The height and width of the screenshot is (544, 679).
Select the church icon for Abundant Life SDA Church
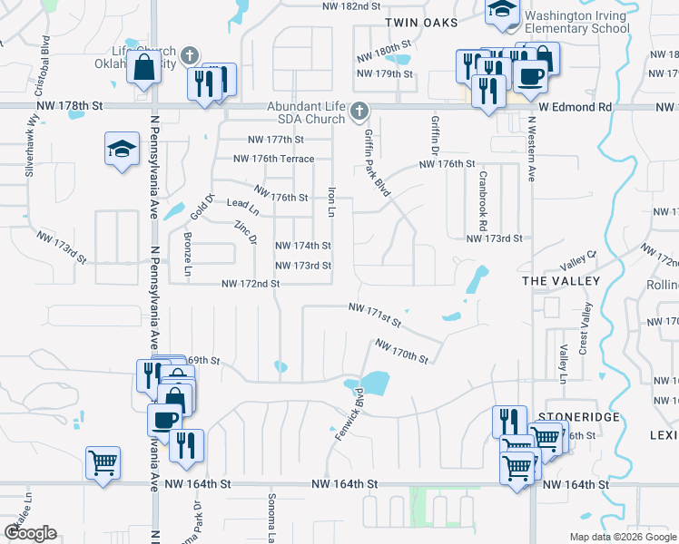[359, 112]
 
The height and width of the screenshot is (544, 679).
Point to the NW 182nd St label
[350, 5]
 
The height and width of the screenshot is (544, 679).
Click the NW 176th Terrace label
[273, 159]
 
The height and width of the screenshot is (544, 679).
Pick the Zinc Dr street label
[246, 232]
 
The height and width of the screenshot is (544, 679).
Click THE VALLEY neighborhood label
[561, 281]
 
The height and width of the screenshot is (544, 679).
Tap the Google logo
[31, 533]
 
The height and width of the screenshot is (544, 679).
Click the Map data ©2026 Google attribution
[624, 537]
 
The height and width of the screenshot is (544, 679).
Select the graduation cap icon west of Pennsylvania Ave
[122, 150]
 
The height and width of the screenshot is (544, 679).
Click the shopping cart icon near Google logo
[103, 462]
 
